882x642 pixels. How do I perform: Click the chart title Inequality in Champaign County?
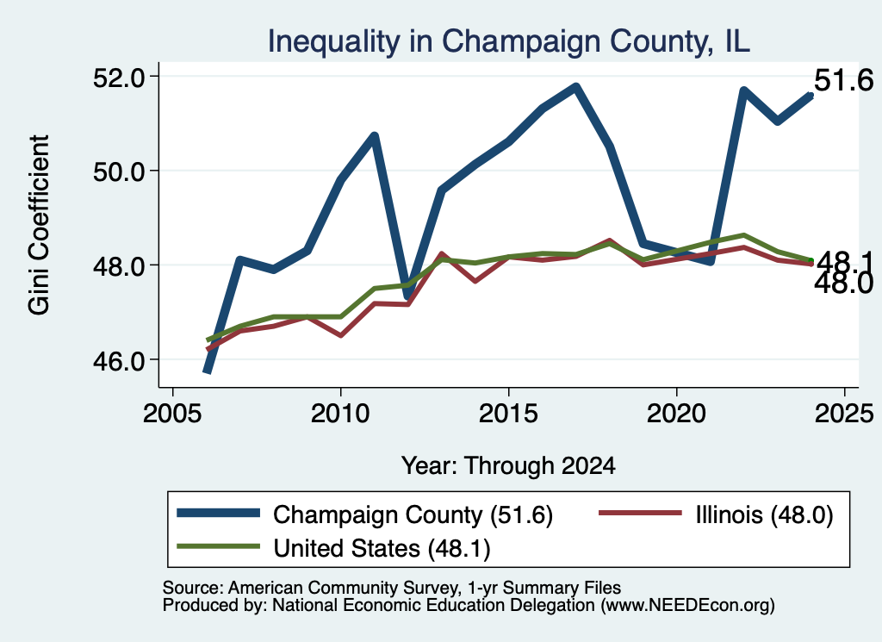tap(508, 41)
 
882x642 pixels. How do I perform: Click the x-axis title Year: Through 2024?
tap(508, 466)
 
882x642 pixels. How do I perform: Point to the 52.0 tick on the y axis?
tap(118, 77)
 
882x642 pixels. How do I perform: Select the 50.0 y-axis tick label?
tap(118, 171)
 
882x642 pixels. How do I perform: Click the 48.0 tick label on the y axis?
tap(118, 265)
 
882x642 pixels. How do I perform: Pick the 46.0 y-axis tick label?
tap(118, 360)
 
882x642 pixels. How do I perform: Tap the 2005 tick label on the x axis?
tap(172, 414)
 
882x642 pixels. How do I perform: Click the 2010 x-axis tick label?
tap(340, 414)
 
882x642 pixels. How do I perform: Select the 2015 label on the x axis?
tap(508, 414)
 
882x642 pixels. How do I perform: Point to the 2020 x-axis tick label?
tap(676, 414)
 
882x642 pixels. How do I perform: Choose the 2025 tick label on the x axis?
tap(844, 414)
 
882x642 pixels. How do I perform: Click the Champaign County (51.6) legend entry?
tap(364, 514)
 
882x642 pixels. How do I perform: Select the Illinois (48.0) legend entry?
tap(716, 514)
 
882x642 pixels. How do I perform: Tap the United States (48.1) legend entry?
tap(333, 548)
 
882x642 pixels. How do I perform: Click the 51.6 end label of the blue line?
tap(843, 80)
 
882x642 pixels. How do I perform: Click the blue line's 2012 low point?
tap(407, 295)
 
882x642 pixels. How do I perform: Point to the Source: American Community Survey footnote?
tap(392, 588)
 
